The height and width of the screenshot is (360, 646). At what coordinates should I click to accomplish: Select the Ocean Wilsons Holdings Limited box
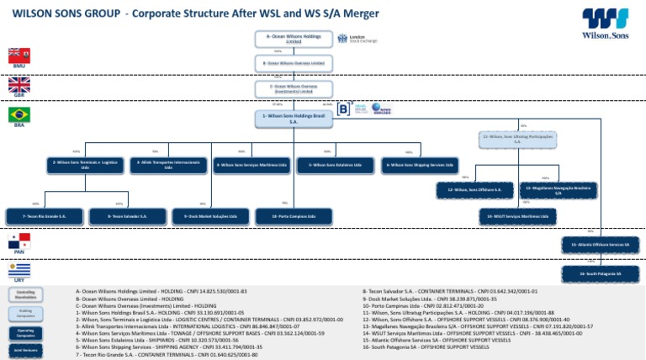click(x=294, y=39)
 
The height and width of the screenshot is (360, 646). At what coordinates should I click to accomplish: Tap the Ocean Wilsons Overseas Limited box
click(x=294, y=63)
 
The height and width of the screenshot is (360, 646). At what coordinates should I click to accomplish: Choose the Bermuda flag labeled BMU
click(x=19, y=55)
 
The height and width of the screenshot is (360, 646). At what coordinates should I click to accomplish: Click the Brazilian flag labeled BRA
click(x=19, y=114)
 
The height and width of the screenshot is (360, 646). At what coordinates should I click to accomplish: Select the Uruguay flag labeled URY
click(x=19, y=270)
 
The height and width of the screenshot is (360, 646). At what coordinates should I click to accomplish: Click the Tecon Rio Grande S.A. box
click(x=45, y=216)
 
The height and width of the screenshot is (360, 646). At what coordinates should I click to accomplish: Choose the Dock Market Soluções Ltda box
click(x=205, y=216)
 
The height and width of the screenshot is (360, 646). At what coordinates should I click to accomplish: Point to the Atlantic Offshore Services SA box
click(x=600, y=244)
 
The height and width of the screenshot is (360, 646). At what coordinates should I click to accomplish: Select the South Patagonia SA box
click(x=600, y=273)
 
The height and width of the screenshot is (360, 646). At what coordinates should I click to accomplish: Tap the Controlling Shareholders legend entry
click(x=25, y=294)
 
